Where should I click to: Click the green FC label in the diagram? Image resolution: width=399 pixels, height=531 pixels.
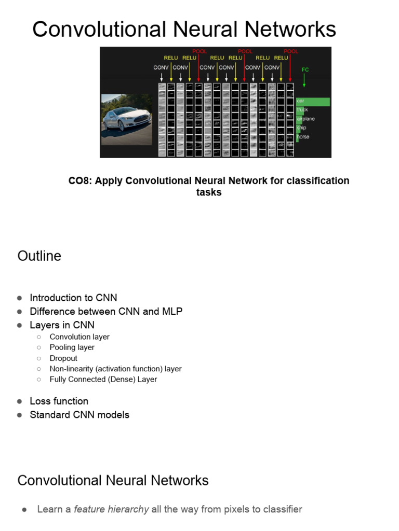pos(305,69)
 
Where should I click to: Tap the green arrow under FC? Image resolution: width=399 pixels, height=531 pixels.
pos(304,80)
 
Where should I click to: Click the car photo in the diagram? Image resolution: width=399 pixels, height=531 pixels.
pos(126,119)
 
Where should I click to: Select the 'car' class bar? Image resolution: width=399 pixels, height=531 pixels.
pos(313,102)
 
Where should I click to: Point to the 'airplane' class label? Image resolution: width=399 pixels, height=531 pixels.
pos(305,119)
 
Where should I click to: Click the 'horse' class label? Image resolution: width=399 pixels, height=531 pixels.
pos(303,137)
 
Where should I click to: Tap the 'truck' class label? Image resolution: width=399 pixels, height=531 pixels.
pos(302,110)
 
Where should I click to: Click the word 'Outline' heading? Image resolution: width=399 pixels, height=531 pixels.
pos(39,256)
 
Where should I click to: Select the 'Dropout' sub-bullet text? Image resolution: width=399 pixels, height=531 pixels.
pos(63,358)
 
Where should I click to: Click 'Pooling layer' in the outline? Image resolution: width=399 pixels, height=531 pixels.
pos(72,347)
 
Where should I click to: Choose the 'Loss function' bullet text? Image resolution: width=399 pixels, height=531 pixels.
pos(59,401)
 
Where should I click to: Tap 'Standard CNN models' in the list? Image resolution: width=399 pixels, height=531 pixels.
pos(79,415)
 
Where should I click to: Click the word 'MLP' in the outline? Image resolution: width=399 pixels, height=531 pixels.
pos(172,312)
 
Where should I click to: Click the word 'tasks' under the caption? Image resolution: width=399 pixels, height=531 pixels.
pos(209,192)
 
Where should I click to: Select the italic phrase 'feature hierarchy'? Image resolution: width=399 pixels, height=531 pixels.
pos(111,509)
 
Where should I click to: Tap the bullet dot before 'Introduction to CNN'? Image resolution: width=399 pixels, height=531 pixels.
pos(20,298)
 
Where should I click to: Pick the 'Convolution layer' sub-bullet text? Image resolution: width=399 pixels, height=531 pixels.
pos(79,337)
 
